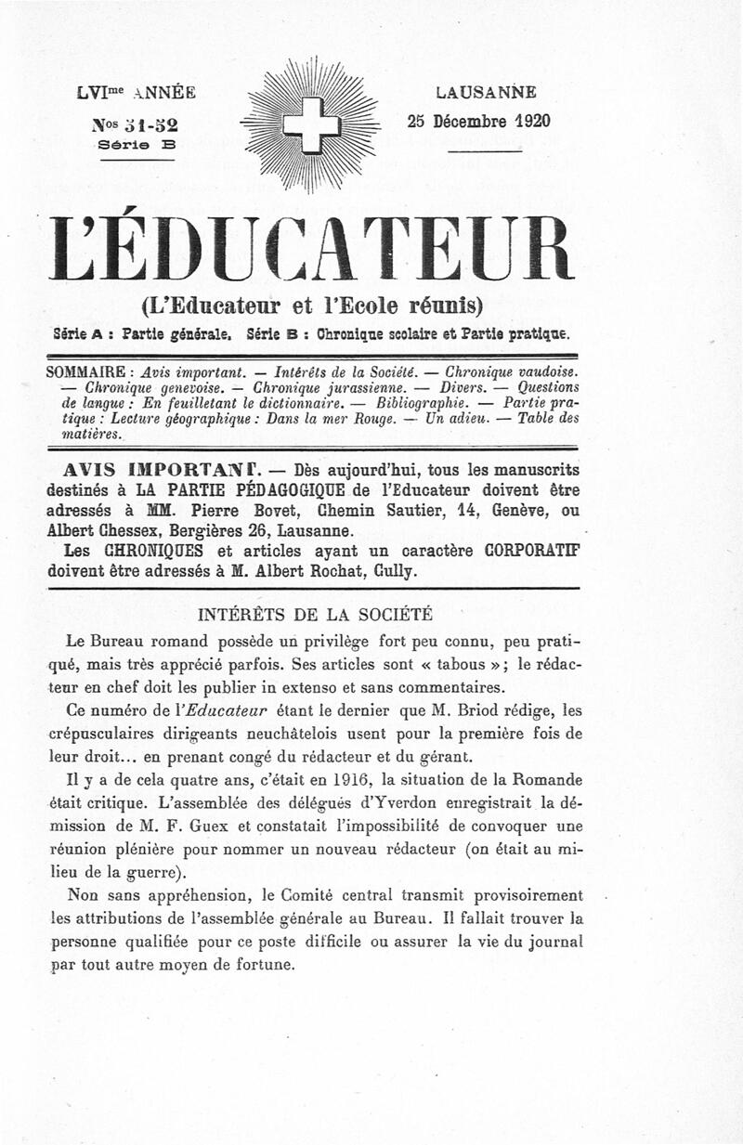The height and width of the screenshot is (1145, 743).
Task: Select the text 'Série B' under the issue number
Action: pyautogui.click(x=137, y=144)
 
